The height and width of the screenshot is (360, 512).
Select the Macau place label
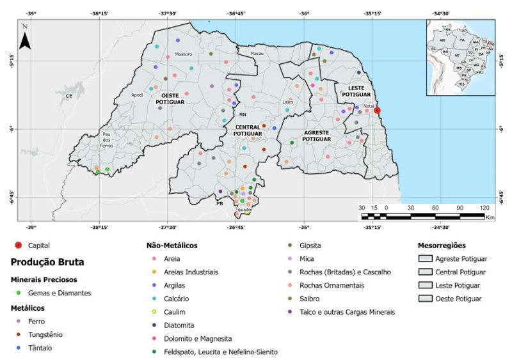tap(257, 53)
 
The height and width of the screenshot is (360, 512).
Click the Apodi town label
tap(137, 95)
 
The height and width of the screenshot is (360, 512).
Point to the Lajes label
tap(288, 102)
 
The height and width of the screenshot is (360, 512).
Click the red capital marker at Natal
tap(378, 110)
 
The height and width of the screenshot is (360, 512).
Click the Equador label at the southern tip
tap(244, 210)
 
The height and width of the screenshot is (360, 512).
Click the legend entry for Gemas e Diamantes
tap(61, 293)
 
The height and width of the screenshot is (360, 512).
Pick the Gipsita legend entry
tap(310, 245)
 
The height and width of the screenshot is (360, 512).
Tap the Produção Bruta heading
tap(47, 262)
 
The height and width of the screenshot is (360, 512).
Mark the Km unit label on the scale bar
tap(490, 218)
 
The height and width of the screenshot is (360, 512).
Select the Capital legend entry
tap(40, 245)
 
